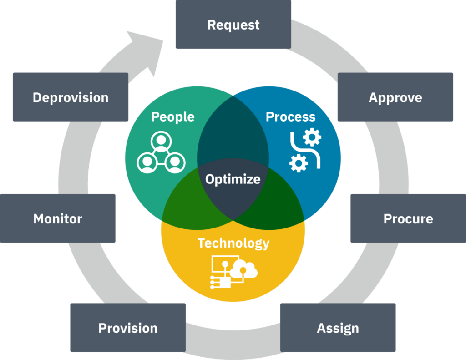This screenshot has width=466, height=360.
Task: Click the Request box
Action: point(233,25)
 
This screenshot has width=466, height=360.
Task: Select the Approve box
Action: point(395,97)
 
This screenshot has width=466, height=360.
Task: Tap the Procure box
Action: point(408,218)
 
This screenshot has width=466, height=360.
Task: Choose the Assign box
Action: point(338,328)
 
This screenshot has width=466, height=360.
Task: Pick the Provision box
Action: point(128,328)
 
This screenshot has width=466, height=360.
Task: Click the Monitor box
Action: point(58,218)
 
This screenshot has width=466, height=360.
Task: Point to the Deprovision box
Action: point(71,97)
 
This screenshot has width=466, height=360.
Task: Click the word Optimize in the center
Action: point(233,179)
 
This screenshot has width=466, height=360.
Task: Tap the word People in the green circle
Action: point(172,117)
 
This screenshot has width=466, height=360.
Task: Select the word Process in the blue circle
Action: point(290,117)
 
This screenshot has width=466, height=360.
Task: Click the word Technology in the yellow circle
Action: point(233,243)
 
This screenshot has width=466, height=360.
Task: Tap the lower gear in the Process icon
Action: point(298,163)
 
